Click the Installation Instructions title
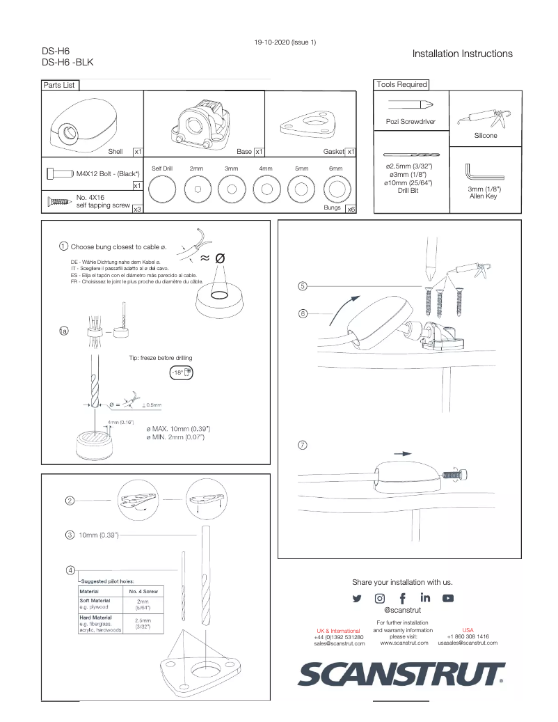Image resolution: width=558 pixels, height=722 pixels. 462,54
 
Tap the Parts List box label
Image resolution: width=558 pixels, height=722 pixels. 59,85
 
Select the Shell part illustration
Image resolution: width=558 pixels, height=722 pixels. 77,125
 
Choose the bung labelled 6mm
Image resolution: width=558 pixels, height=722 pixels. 335,189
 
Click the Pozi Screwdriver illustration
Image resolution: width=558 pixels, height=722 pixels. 410,105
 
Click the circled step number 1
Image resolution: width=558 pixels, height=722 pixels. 63,246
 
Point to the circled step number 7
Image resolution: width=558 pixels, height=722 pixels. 303,445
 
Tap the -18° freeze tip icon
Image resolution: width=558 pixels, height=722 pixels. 182,372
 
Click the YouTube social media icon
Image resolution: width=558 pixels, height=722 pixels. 448,598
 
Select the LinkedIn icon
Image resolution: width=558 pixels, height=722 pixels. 425,597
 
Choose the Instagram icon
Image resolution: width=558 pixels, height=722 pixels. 380,598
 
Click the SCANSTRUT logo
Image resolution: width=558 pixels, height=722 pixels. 401,674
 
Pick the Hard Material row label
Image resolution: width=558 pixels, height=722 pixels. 96,618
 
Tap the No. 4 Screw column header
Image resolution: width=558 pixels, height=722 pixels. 143,591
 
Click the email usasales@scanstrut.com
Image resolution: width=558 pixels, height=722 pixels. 468,643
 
